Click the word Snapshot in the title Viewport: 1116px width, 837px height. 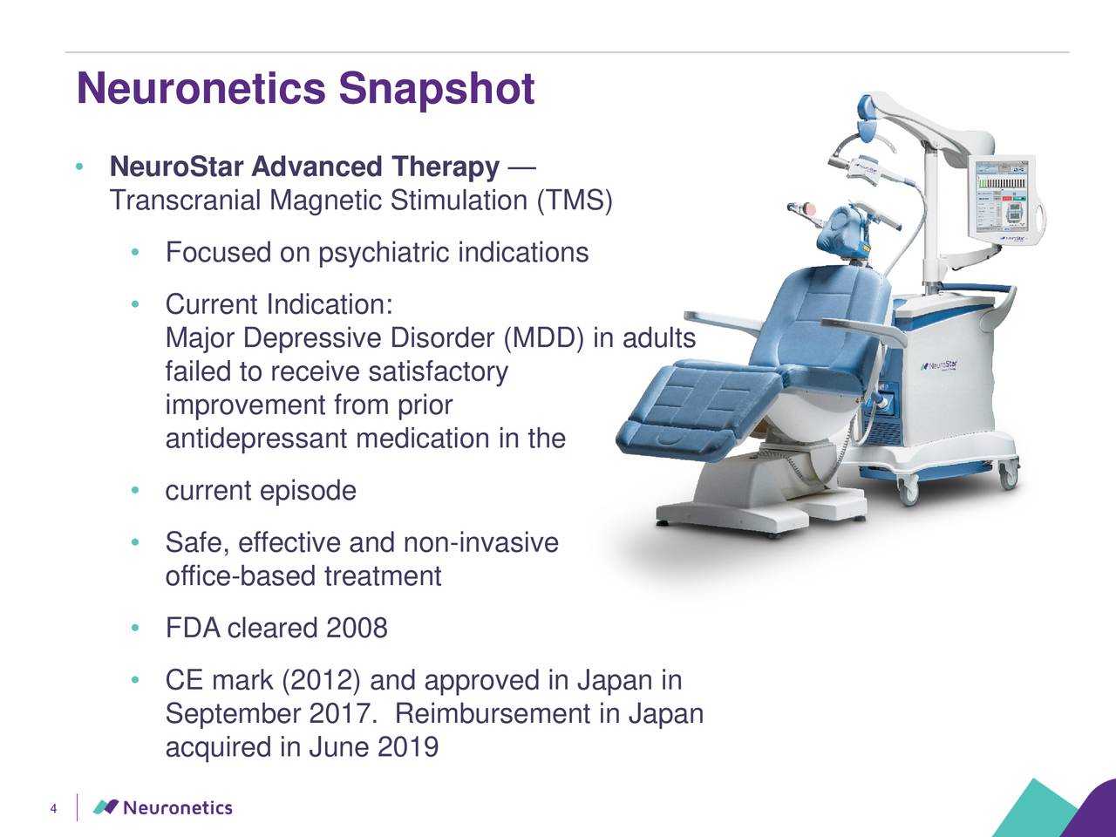click(x=436, y=90)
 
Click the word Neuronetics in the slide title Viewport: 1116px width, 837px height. click(x=201, y=90)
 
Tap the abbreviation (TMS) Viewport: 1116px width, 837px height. click(x=575, y=201)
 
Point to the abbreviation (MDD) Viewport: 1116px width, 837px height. click(x=545, y=338)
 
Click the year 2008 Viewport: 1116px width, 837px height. click(x=357, y=629)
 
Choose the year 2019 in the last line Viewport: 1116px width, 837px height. click(x=408, y=748)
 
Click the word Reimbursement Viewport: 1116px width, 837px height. click(x=494, y=715)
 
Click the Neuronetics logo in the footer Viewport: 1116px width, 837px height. click(x=163, y=807)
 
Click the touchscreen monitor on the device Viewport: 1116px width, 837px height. click(x=1002, y=198)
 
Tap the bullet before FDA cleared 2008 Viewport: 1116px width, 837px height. click(x=135, y=629)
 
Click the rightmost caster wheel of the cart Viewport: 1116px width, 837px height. click(x=1008, y=476)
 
